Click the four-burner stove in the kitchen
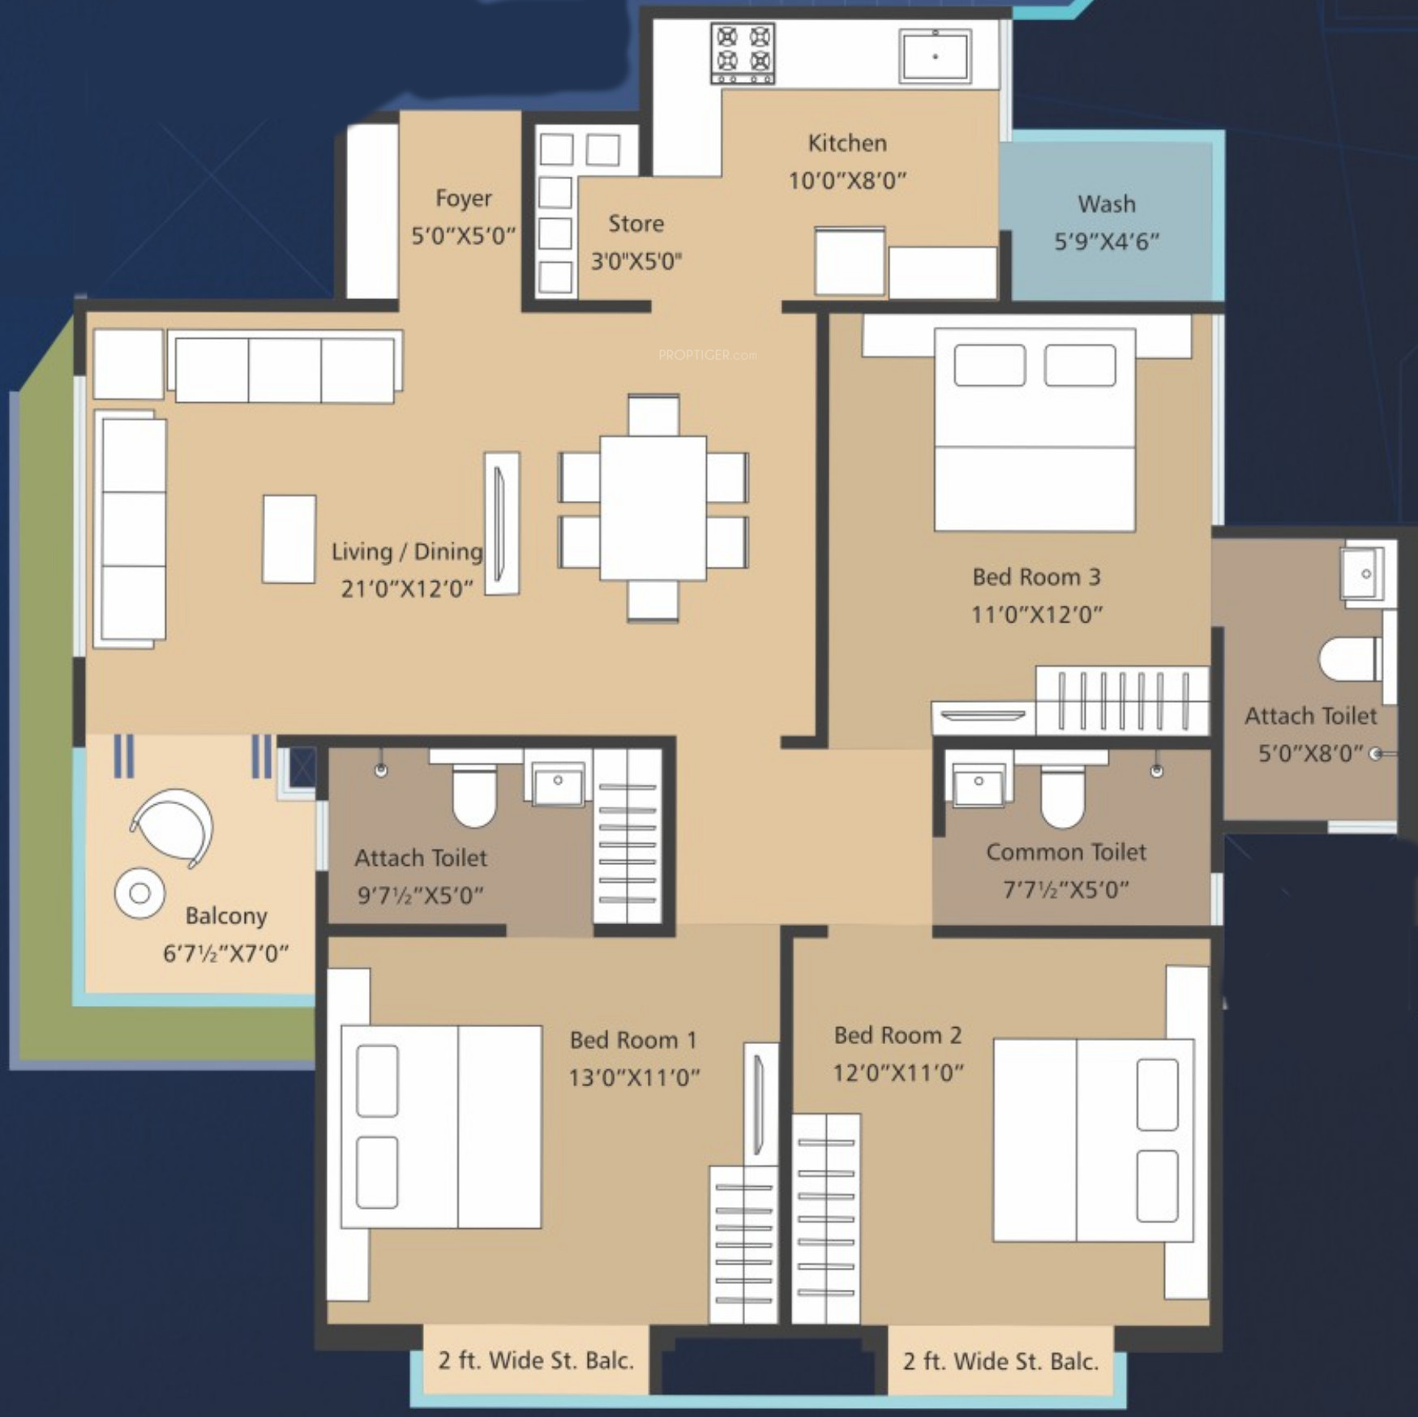click(x=743, y=54)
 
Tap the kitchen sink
click(x=935, y=56)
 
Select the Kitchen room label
click(x=847, y=143)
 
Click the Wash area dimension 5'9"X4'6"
click(x=1107, y=242)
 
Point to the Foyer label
click(x=463, y=199)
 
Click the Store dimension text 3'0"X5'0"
click(x=636, y=261)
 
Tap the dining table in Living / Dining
click(x=653, y=508)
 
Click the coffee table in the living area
click(x=289, y=539)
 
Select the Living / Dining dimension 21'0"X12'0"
click(x=407, y=589)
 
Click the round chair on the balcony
click(x=172, y=827)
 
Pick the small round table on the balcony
click(x=139, y=893)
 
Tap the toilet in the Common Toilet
click(x=1062, y=791)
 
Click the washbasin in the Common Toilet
click(x=979, y=782)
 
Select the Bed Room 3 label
click(x=1036, y=577)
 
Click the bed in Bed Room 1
click(x=441, y=1127)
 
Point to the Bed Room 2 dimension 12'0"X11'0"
click(x=898, y=1073)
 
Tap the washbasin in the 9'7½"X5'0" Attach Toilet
click(x=557, y=784)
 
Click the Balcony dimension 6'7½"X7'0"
click(x=226, y=953)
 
